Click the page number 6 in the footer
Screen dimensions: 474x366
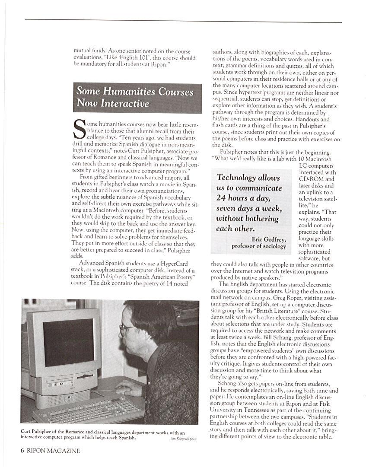22,451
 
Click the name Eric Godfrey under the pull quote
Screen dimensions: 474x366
268,239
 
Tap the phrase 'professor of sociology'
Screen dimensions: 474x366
259,246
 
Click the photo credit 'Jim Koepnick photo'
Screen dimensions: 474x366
184,439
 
